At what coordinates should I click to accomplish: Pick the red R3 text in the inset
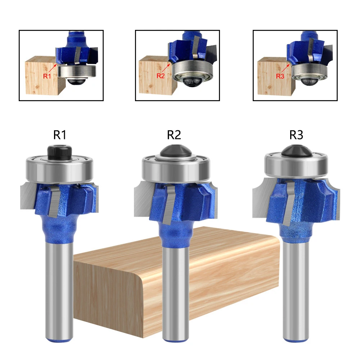(x=280, y=76)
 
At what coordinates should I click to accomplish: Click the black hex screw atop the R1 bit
(x=59, y=152)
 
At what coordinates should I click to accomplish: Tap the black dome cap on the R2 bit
(x=174, y=152)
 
